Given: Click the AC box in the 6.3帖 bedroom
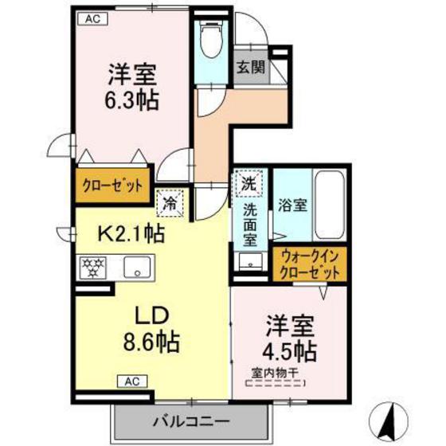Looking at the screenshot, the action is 92,19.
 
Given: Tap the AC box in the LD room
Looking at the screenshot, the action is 132,381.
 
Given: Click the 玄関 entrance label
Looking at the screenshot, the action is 251,68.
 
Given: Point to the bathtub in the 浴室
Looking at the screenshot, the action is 330,205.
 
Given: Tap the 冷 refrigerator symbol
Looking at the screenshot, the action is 170,203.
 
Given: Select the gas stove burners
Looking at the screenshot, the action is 93,268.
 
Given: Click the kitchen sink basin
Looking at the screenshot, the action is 137,268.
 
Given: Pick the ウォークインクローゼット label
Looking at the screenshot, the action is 310,264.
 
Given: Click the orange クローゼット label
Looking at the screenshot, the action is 112,186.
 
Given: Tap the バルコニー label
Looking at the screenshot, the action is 190,421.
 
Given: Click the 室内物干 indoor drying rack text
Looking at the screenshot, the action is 275,374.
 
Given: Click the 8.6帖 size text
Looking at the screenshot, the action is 151,342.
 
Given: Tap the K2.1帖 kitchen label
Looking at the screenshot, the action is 131,233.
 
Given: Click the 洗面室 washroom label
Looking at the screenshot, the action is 250,225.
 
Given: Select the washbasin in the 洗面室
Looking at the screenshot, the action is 251,261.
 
